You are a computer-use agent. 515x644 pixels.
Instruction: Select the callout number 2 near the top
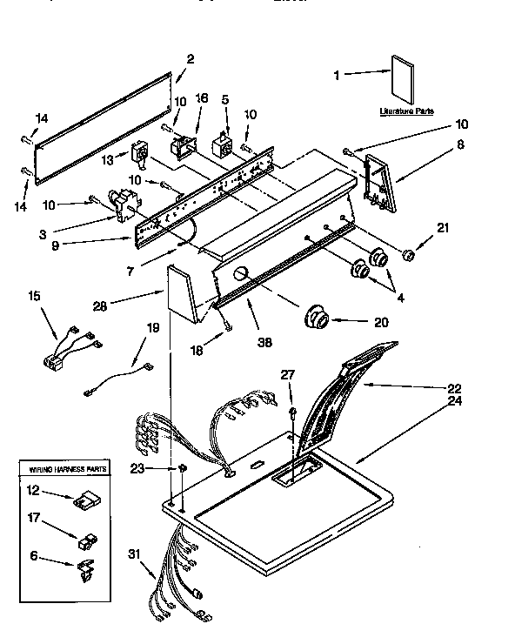pyautogui.click(x=191, y=58)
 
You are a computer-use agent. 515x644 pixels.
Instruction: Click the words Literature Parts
pyautogui.click(x=406, y=111)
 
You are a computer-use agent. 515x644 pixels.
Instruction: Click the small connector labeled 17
pyautogui.click(x=87, y=542)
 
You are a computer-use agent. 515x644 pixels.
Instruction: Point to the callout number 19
pyautogui.click(x=153, y=328)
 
